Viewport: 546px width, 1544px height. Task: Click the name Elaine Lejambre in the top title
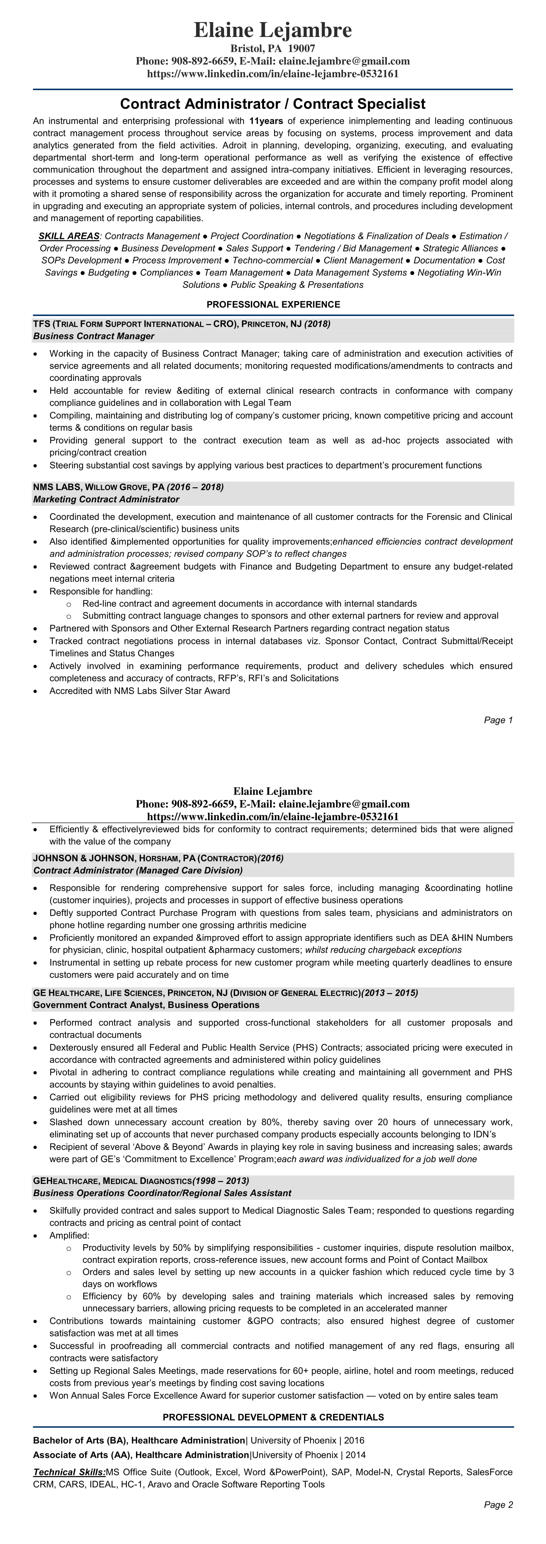(273, 30)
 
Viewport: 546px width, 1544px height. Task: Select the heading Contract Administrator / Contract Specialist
(273, 104)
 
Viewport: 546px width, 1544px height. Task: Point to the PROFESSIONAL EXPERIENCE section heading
(273, 305)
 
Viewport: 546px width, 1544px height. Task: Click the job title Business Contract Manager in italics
(93, 336)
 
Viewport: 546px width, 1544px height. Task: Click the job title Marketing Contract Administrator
(106, 499)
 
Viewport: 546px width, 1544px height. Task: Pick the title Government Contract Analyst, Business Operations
(146, 1005)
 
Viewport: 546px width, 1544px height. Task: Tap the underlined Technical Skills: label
(69, 1472)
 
